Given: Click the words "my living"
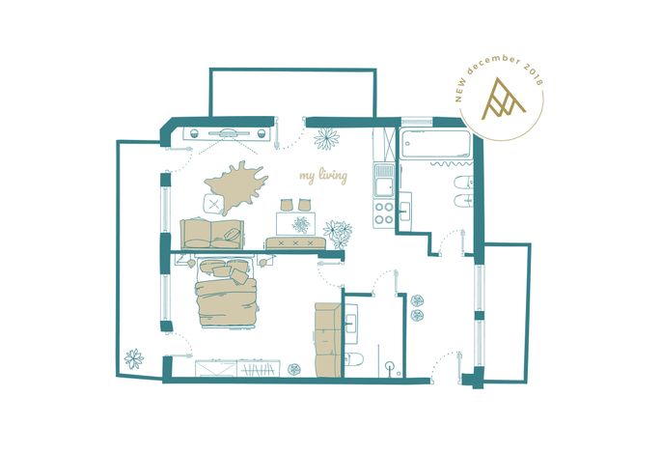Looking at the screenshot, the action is [323, 176].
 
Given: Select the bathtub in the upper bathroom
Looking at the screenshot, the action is [436, 144].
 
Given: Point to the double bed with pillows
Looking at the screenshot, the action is [227, 293].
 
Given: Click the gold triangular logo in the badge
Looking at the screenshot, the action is [504, 99].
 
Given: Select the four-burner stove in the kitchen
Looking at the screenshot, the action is [384, 213].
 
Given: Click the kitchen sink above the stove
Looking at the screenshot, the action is [384, 181].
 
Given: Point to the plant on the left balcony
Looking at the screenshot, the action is [134, 359].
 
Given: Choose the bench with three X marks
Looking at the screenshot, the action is [295, 243].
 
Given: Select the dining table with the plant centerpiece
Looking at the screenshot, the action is [295, 223].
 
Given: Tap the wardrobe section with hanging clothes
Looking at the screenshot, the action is [259, 369].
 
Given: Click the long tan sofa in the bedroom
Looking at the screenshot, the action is [328, 340].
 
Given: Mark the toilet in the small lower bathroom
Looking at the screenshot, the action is [354, 359].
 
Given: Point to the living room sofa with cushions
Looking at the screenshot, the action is [211, 234].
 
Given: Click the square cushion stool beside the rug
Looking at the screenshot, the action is [213, 204].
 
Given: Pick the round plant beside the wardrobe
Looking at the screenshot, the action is [293, 369].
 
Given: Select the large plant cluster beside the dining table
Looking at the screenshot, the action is [338, 234].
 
